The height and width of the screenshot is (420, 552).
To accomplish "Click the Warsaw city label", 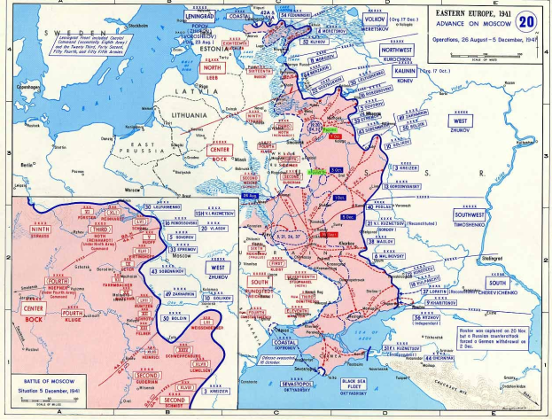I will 134,190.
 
